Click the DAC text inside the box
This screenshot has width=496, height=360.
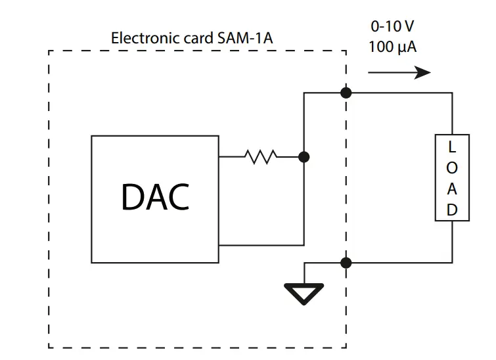tap(155, 196)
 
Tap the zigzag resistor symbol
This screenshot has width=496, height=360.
tap(261, 157)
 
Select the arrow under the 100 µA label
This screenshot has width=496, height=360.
tap(399, 72)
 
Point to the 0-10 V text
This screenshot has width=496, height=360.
tap(393, 27)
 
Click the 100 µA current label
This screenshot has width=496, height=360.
tap(393, 48)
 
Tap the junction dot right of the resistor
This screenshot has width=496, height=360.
tap(304, 157)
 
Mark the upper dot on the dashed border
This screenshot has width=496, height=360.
tap(346, 93)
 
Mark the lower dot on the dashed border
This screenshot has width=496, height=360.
tap(346, 263)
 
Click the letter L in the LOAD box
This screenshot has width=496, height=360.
tap(452, 147)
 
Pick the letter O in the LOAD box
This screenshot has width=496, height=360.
tap(452, 168)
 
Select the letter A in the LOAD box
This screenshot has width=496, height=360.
tap(452, 189)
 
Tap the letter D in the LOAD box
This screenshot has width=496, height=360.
tap(452, 210)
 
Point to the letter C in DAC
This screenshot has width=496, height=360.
tap(178, 196)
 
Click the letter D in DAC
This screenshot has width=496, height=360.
tap(132, 196)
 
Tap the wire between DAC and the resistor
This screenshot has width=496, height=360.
tap(231, 157)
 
